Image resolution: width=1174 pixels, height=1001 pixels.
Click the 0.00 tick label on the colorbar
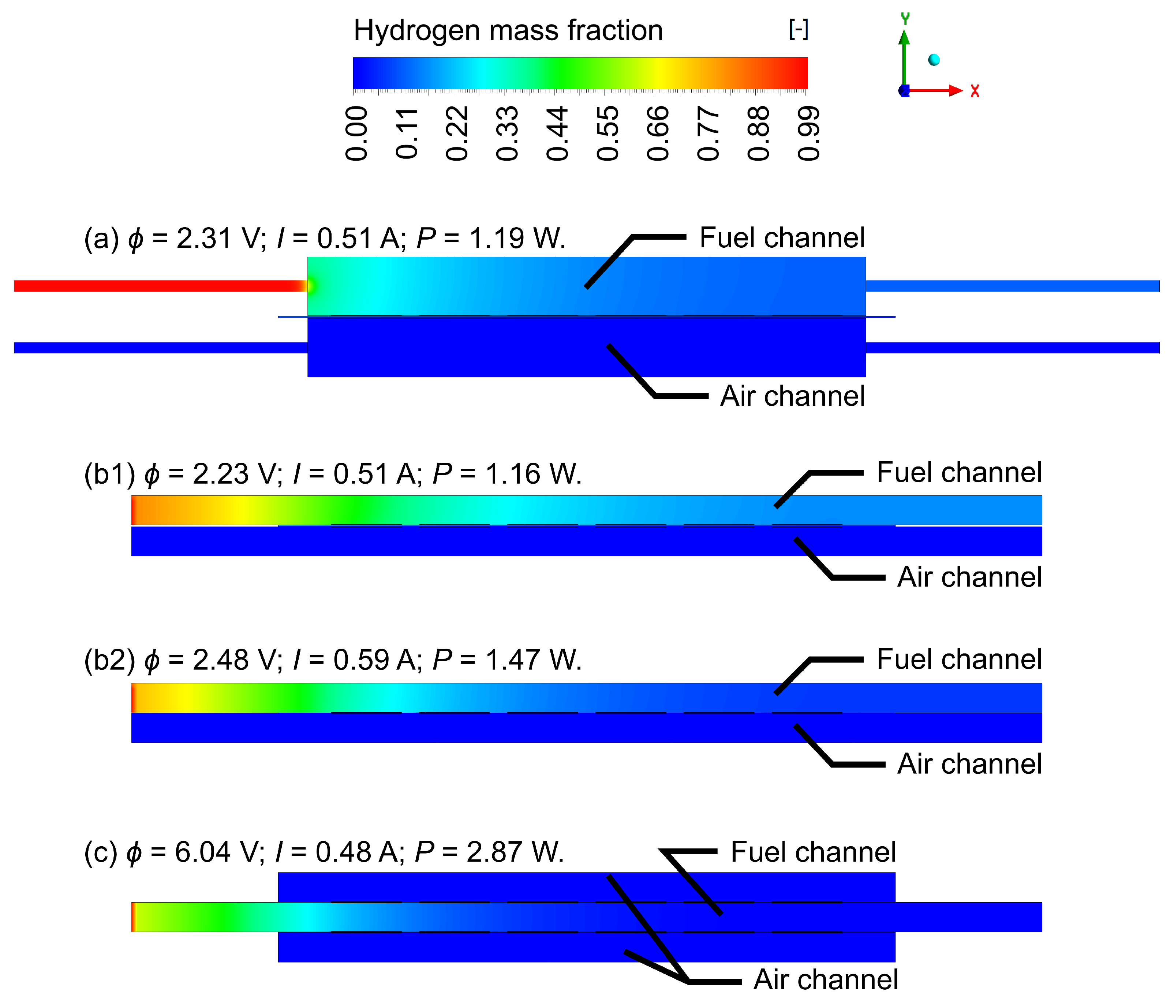pos(356,134)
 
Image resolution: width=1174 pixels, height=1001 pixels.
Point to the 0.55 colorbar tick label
pos(608,134)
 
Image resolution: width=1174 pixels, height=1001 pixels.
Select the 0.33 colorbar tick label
pos(507,134)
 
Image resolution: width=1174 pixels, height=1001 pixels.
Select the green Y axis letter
pos(905,19)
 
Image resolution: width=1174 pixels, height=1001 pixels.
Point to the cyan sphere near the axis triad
pos(934,60)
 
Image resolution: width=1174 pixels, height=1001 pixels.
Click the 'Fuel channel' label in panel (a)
pos(782,237)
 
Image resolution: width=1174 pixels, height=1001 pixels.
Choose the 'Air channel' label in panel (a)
pos(792,396)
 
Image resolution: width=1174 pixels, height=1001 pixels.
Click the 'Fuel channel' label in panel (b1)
pos(959,472)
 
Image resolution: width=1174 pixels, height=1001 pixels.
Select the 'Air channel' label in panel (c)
pos(826,979)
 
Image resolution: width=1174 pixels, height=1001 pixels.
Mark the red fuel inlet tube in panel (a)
pos(159,286)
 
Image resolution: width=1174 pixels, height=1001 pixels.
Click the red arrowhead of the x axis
pos(956,91)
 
